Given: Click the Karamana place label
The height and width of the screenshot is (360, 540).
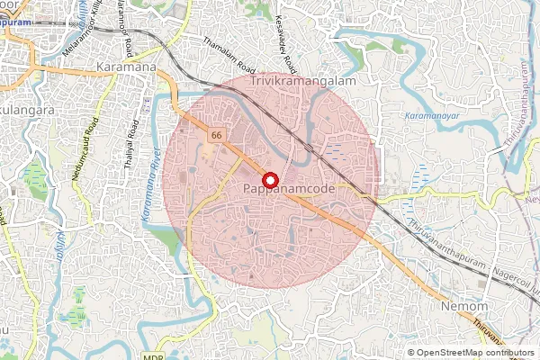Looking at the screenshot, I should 125,67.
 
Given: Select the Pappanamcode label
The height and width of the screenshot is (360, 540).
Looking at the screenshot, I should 289,189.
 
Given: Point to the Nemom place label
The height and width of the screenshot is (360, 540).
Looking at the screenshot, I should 463,307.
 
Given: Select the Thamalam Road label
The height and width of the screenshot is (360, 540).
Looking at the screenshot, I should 229,55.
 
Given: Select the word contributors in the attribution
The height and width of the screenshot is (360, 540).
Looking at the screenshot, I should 512,353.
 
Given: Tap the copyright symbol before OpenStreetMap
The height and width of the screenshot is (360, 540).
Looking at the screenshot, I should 411,353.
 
